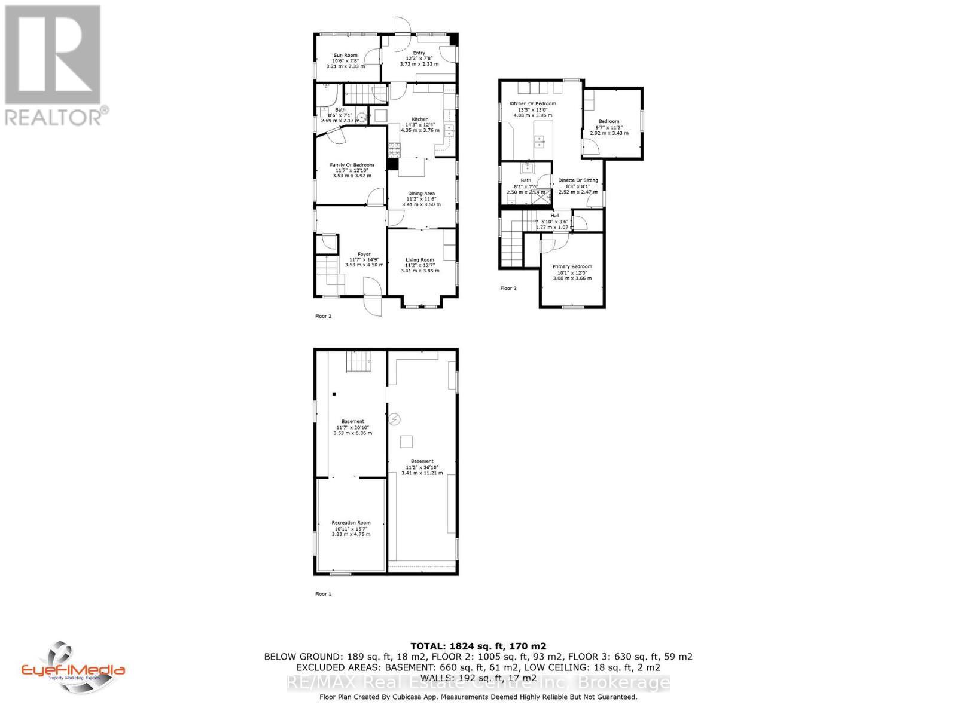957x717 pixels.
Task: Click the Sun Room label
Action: (x=345, y=56)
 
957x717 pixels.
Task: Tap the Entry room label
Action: (x=419, y=53)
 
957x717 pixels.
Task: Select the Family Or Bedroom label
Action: (x=352, y=165)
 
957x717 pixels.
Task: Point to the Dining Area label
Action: (x=421, y=194)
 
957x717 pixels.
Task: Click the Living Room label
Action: (x=420, y=260)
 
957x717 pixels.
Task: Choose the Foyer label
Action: (x=364, y=255)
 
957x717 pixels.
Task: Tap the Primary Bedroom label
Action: (x=572, y=267)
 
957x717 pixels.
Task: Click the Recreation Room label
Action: (x=351, y=523)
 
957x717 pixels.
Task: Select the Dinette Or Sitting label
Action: (x=578, y=180)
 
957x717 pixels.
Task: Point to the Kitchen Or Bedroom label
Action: (x=532, y=104)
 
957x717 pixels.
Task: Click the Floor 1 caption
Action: (x=323, y=594)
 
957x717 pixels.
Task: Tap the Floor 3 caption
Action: (x=508, y=289)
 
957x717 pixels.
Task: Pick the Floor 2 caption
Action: (x=323, y=316)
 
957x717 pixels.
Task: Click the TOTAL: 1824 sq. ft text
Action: (x=478, y=646)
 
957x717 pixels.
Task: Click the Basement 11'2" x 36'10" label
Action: (x=422, y=462)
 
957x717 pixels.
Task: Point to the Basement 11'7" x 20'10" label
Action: (x=352, y=422)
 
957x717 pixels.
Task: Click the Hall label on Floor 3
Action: (x=555, y=216)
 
